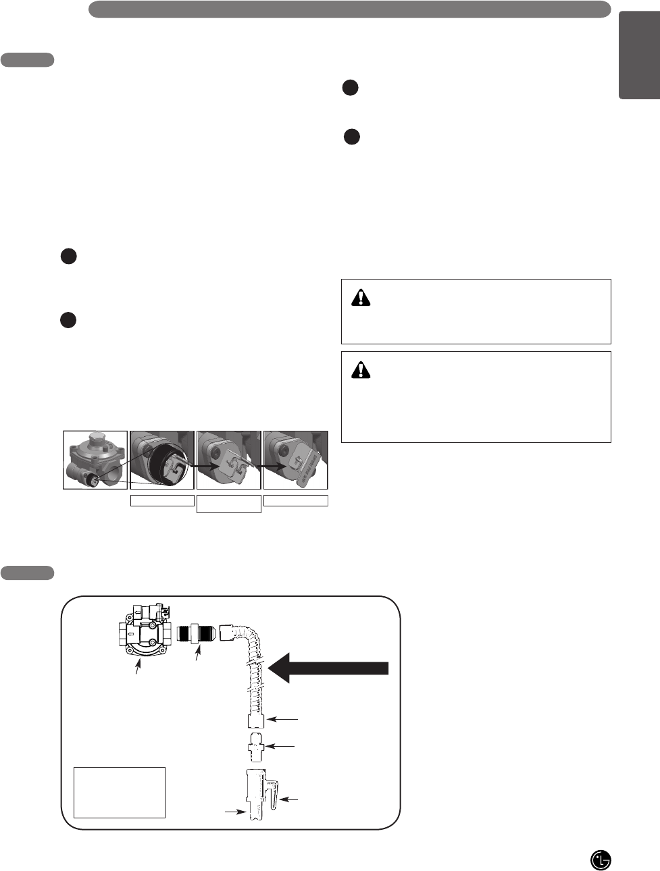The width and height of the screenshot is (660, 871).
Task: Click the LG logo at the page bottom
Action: coord(601,860)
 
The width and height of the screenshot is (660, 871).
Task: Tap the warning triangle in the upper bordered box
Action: coord(361,297)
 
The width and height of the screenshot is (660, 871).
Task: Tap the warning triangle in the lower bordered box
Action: coord(361,369)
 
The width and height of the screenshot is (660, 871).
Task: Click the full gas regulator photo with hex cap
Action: coord(95,460)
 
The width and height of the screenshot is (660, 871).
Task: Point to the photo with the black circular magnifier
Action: coord(162,460)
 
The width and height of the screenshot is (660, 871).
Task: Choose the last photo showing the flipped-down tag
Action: coord(295,460)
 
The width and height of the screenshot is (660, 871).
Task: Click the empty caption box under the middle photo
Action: coord(228,504)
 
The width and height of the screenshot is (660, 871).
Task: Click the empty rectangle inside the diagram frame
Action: coord(119,792)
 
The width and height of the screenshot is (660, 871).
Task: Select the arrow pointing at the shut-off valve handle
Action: coord(289,799)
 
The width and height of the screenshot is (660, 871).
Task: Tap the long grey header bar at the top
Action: coord(349,9)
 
